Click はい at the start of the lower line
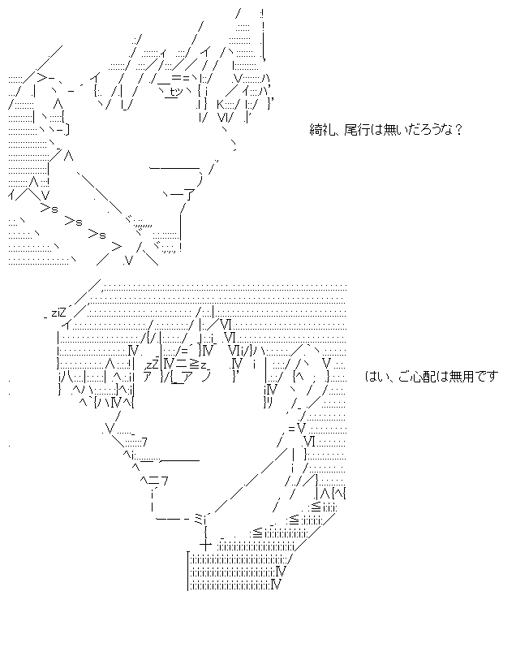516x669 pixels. coord(374,375)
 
